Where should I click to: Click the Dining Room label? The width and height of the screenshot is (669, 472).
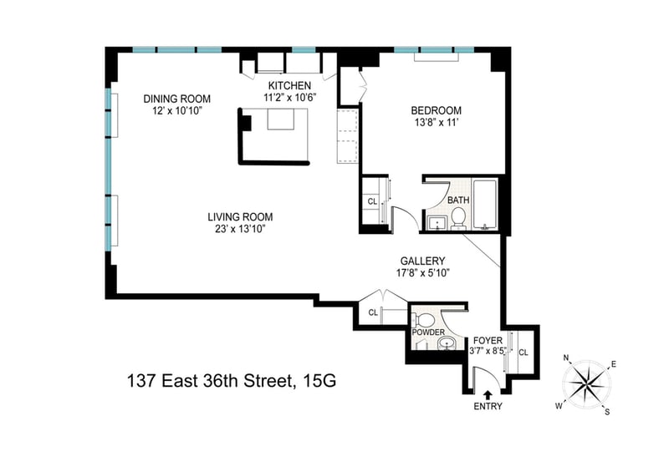(177, 99)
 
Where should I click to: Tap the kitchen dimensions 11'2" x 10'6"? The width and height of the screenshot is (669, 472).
(289, 98)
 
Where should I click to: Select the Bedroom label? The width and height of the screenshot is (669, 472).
(436, 110)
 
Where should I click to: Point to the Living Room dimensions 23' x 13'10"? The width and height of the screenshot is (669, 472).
(241, 230)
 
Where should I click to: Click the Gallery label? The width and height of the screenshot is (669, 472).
(422, 261)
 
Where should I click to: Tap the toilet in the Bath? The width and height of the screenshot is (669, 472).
(457, 217)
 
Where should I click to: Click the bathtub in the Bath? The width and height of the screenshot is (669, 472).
(485, 205)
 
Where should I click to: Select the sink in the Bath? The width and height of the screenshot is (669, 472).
(437, 222)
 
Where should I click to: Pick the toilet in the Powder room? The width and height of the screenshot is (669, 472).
(423, 319)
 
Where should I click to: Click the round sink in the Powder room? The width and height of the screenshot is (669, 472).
(447, 343)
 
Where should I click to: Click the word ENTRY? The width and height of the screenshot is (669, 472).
(488, 406)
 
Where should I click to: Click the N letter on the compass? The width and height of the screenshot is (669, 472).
(567, 358)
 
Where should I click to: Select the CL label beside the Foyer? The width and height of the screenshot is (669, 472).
(523, 353)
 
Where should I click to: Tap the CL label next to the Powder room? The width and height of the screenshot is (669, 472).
(373, 312)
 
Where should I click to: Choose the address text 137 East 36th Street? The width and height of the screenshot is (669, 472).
(212, 381)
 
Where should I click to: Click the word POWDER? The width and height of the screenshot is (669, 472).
(428, 332)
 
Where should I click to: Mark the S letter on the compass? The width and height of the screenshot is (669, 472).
(607, 412)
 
